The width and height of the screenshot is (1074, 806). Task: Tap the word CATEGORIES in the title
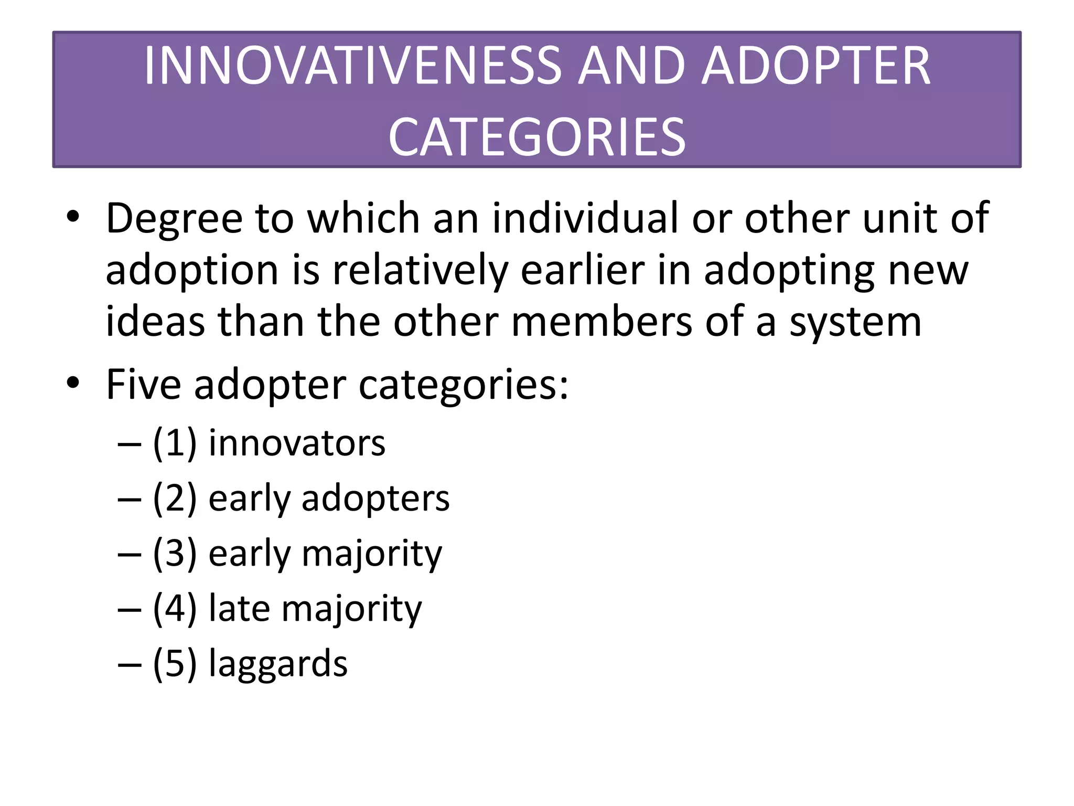pyautogui.click(x=537, y=137)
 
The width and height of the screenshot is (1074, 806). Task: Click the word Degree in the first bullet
pyautogui.click(x=174, y=219)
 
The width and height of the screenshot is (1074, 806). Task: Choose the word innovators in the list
pyautogui.click(x=297, y=443)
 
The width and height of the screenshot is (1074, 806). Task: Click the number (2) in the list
pyautogui.click(x=175, y=499)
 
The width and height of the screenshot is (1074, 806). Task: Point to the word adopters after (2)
pyautogui.click(x=375, y=500)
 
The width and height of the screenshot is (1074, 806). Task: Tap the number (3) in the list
pyautogui.click(x=175, y=554)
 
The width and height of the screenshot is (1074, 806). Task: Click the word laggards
pyautogui.click(x=278, y=664)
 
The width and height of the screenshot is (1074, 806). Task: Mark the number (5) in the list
pyautogui.click(x=175, y=664)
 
